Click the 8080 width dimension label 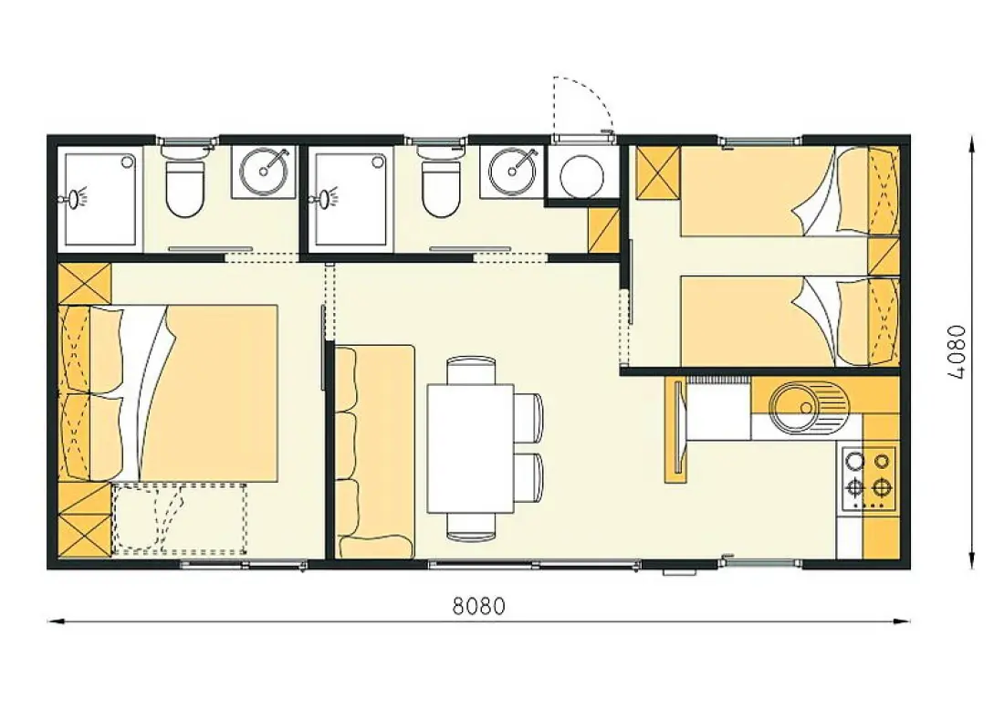(478, 605)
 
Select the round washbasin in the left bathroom (264, 171)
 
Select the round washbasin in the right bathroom (513, 171)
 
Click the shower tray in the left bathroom (99, 200)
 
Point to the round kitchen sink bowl (795, 407)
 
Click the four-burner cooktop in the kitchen (868, 479)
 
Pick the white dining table (471, 448)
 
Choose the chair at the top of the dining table (471, 370)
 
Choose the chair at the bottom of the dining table (471, 527)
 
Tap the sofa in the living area (375, 451)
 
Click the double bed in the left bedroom (169, 393)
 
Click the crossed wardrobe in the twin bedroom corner (657, 172)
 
